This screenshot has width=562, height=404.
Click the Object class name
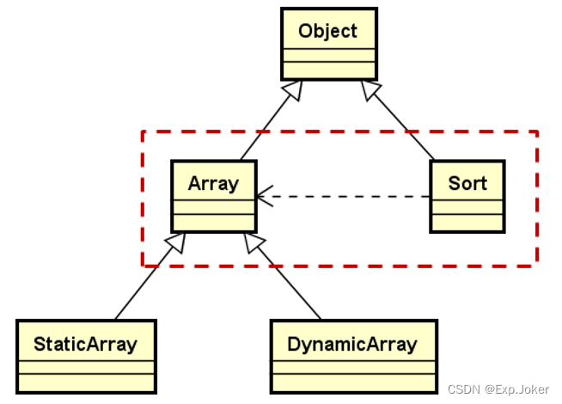coord(327,32)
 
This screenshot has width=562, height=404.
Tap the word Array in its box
coord(212,183)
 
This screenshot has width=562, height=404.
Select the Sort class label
coord(467,183)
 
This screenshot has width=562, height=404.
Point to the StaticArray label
coord(85,345)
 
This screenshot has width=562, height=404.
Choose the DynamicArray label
coord(352,345)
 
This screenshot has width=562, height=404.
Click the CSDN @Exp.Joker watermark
coord(499,389)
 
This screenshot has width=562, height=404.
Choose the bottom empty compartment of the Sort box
coord(467,222)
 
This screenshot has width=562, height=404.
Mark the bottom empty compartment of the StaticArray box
coord(85,382)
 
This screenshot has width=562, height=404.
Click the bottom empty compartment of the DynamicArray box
coord(352,382)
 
